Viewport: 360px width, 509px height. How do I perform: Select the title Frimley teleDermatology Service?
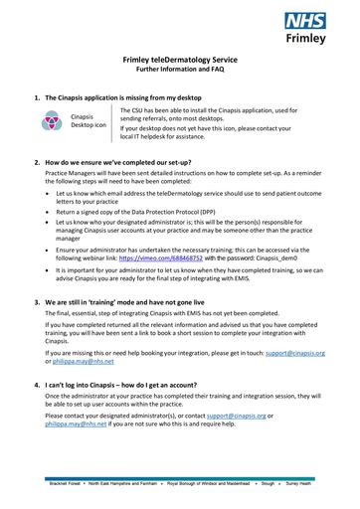(179, 61)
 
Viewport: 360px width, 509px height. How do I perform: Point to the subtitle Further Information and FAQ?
(179, 71)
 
